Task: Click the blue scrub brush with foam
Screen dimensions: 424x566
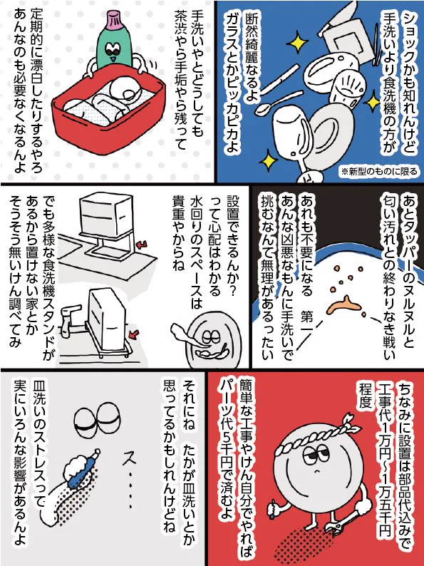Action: coord(82,469)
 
